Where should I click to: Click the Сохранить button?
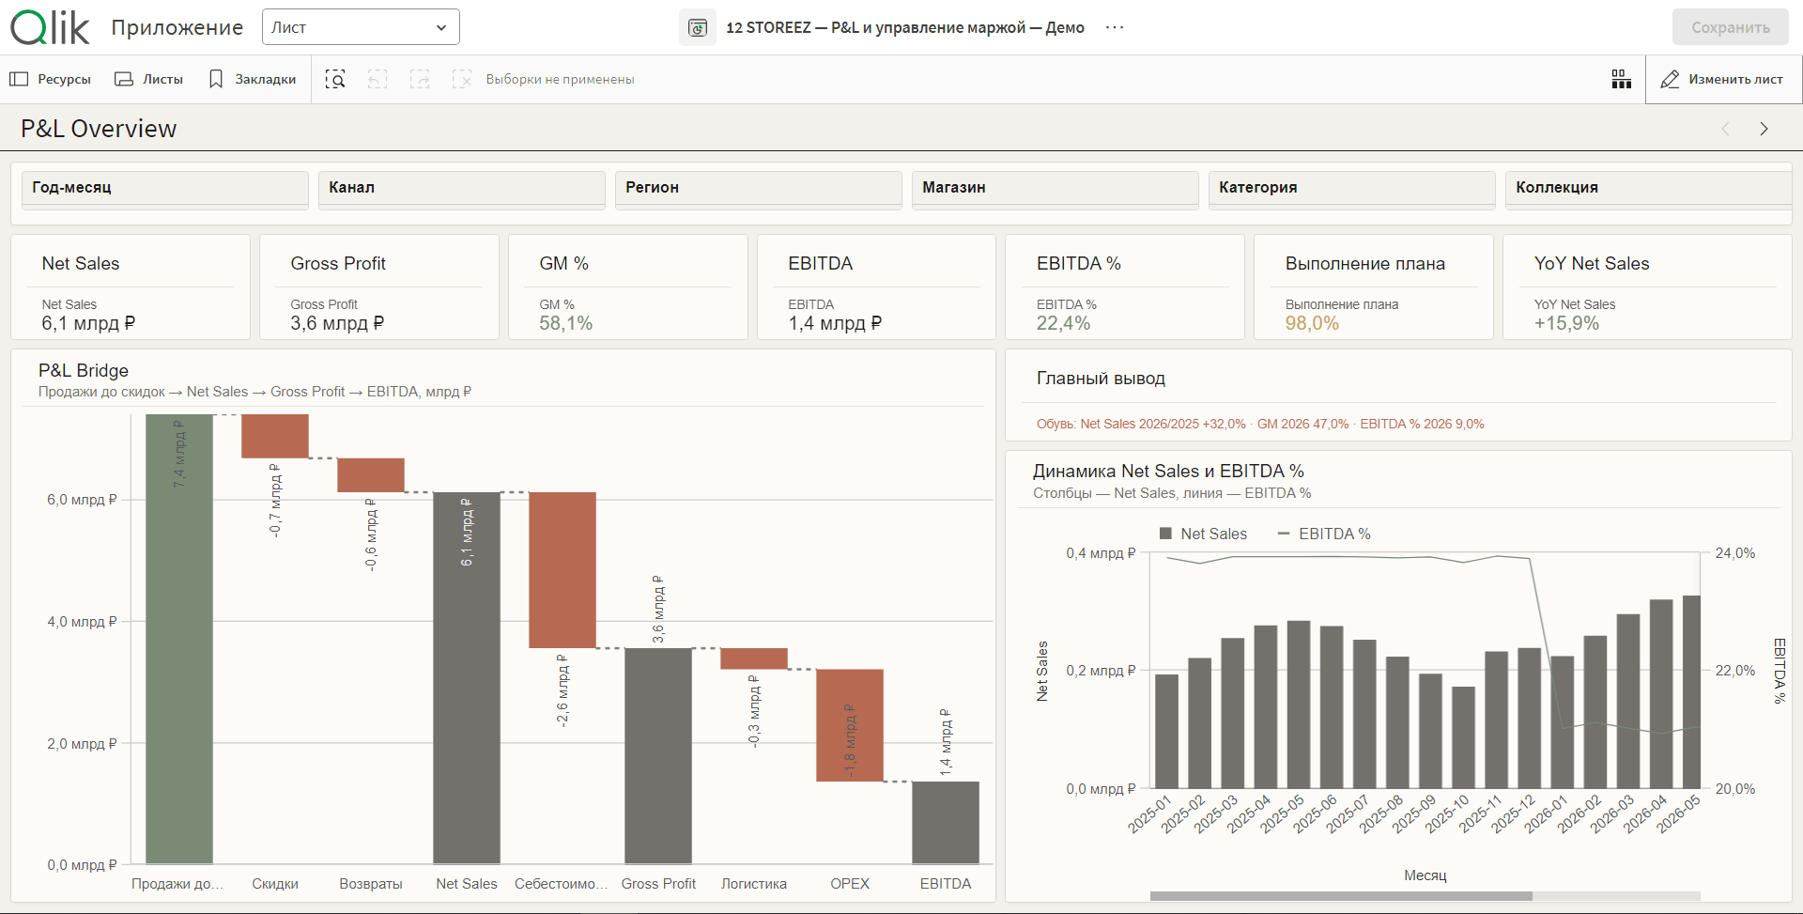[1730, 27]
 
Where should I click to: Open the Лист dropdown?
[361, 27]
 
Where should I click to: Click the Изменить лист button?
[1722, 80]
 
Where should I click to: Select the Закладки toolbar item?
[253, 80]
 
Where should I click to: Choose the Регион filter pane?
[758, 188]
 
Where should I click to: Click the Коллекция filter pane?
[1648, 188]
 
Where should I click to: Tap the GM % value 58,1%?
[566, 323]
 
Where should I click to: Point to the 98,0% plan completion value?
[1312, 323]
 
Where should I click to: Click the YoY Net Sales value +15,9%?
[1566, 323]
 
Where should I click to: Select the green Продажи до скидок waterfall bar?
[179, 639]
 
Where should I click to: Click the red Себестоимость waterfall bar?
[562, 569]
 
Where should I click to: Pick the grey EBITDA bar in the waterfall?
[946, 822]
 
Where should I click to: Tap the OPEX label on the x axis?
[850, 884]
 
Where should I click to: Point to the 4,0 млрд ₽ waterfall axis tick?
[83, 622]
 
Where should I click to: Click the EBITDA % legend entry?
[1324, 534]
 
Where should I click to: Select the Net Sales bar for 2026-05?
[1691, 691]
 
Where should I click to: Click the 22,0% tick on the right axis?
[1735, 671]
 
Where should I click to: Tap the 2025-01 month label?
[1150, 814]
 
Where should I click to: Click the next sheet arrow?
[1764, 129]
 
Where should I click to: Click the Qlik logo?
[51, 28]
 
